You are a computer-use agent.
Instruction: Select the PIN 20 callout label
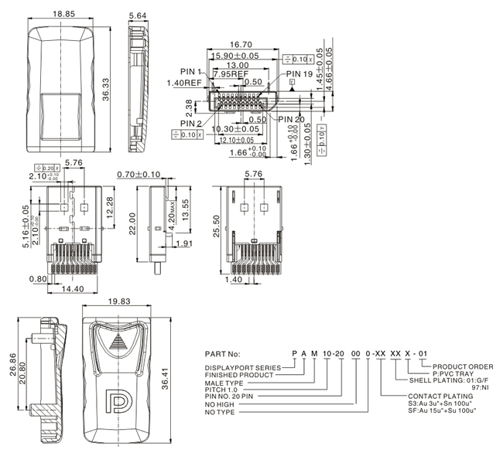click(292, 119)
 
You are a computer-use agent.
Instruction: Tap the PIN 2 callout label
click(192, 123)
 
